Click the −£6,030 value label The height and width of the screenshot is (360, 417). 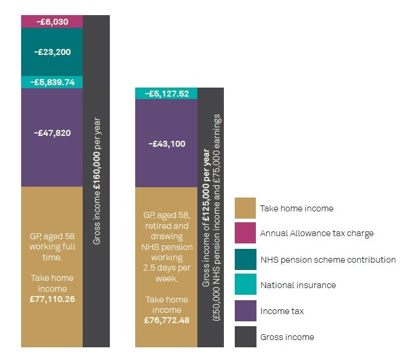point(52,22)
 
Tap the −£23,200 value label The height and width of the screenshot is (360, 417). point(52,52)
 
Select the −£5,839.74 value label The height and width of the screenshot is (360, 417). point(52,82)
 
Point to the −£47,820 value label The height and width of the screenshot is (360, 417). point(52,132)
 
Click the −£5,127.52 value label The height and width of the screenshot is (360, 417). point(167,94)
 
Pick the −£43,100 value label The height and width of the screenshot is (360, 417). point(167,144)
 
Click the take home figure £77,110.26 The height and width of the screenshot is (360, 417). point(52,298)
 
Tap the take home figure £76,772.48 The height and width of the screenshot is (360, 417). point(167,320)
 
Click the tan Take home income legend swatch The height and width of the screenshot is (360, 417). point(245,208)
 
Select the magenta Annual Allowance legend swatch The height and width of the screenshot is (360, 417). point(245,234)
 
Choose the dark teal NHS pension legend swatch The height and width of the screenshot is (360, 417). point(245,260)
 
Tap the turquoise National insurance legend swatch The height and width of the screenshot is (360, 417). point(245,285)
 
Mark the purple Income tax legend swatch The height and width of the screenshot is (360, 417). point(245,311)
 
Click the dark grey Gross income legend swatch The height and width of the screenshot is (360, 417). point(245,336)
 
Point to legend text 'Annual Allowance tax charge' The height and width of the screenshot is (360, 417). point(317,234)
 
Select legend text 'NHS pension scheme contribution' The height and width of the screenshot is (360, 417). point(328,260)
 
